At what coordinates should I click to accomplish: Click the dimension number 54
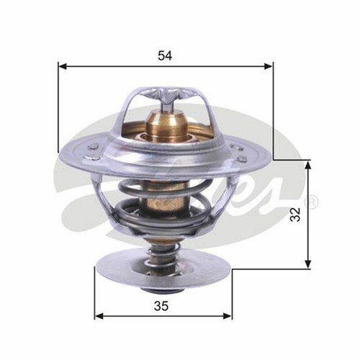(x=165, y=56)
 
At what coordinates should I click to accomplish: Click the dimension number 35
(x=161, y=306)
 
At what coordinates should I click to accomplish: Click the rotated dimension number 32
(x=295, y=215)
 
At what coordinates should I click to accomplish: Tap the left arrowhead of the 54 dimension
(x=63, y=66)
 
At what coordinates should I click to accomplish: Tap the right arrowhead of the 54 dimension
(x=269, y=66)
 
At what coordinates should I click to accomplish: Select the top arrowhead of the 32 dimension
(x=308, y=165)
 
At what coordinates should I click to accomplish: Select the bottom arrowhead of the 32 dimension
(x=308, y=264)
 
